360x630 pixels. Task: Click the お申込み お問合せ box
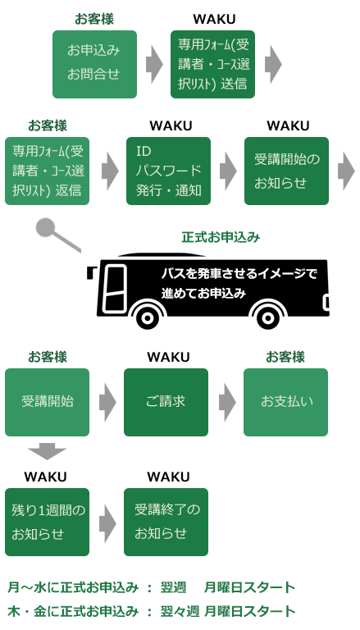94,64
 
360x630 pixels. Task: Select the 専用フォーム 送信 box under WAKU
212,64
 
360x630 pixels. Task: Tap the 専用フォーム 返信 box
47,171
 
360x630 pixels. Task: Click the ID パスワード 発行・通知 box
168,171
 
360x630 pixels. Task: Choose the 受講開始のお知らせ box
286,171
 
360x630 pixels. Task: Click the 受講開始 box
47,402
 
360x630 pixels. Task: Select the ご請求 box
166,402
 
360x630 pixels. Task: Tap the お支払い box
285,402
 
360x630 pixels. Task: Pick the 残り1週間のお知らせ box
47,522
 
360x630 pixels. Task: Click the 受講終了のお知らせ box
166,522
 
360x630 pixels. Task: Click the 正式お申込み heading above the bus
221,238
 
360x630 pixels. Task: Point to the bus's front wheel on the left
148,317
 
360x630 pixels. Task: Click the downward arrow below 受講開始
47,451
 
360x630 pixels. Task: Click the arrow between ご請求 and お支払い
227,402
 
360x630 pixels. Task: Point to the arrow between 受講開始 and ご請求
107,402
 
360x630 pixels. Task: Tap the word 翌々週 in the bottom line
178,611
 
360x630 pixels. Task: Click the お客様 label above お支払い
285,357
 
